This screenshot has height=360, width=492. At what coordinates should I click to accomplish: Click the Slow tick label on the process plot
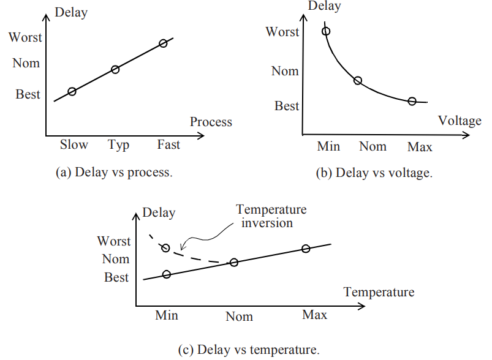pos(74,145)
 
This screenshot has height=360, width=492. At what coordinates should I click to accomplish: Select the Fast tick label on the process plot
pos(168,145)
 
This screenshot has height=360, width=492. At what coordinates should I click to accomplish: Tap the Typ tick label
pos(119,145)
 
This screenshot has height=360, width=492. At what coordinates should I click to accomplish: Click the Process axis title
pos(211,122)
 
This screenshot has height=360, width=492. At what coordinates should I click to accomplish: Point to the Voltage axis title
pos(460,121)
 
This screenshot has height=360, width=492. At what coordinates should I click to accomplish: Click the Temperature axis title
pos(379,291)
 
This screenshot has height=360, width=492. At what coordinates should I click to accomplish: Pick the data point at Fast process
pos(163,43)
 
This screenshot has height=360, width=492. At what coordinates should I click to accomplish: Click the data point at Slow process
pos(72,91)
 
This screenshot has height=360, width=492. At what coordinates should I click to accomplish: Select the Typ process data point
pos(115,69)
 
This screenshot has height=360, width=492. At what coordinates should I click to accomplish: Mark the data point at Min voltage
pos(326,31)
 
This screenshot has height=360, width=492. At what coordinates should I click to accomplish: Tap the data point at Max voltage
pos(412,101)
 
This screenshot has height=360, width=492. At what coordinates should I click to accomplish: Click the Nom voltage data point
pos(358,80)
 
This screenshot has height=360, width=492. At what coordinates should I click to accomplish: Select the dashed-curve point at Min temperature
pos(165,247)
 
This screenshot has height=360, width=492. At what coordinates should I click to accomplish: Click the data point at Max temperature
pos(306,249)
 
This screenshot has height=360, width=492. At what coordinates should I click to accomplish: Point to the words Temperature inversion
pos(271,216)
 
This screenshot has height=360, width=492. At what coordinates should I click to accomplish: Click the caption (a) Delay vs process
pos(114,172)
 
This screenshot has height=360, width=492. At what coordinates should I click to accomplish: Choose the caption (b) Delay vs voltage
pos(374,173)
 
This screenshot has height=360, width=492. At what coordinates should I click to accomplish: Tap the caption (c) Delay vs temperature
pos(249,350)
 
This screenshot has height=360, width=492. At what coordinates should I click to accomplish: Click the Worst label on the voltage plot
pos(282,32)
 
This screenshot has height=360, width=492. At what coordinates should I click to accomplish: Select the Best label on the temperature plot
pos(116,277)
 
